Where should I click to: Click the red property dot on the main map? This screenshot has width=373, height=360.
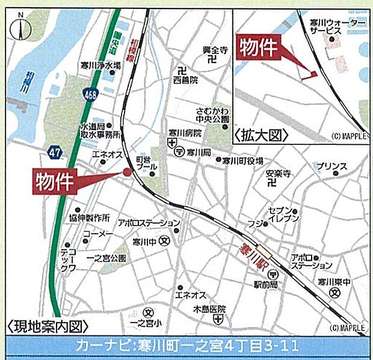(127, 172)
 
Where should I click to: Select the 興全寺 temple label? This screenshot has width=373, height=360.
(216, 49)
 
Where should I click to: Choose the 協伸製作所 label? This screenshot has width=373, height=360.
(89, 217)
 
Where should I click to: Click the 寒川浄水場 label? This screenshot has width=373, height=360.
(101, 66)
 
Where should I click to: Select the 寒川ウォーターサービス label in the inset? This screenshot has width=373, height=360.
(337, 26)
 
